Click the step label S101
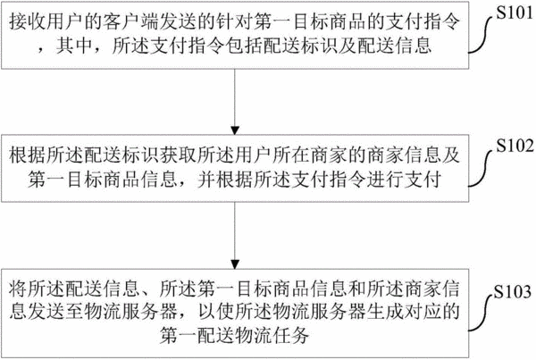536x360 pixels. tap(515, 13)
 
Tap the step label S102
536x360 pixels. tap(515, 146)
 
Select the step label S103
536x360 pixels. tap(513, 291)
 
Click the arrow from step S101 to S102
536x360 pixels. tap(235, 102)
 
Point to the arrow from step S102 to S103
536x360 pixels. tap(235, 236)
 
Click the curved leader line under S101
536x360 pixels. tap(482, 34)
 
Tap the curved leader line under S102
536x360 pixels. tap(482, 168)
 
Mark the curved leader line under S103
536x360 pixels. tap(481, 313)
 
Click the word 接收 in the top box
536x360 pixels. tap(28, 21)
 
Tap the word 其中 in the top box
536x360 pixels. tap(74, 46)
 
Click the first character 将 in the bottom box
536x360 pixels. tap(18, 289)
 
